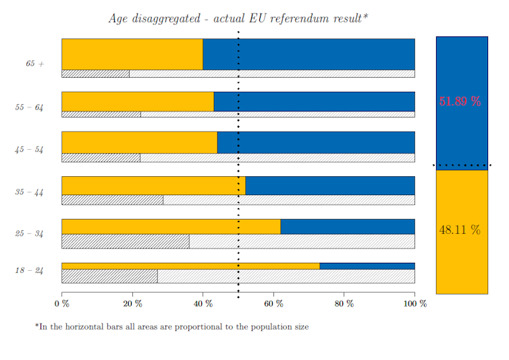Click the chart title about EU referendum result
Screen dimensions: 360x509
[238, 18]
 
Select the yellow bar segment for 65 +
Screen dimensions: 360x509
[132, 54]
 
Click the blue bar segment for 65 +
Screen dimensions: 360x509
[309, 54]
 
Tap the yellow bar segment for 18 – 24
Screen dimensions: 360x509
[190, 265]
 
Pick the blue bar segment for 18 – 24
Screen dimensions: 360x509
[367, 265]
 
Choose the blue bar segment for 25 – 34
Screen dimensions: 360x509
[347, 226]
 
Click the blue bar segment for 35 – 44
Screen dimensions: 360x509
[329, 186]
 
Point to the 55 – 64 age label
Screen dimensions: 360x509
[29, 107]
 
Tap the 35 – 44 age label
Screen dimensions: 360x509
[29, 192]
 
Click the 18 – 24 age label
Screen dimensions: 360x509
[29, 270]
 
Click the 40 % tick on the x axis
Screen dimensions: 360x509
[203, 304]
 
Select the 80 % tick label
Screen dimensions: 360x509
[344, 304]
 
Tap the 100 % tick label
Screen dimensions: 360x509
[415, 304]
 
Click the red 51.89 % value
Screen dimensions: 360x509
[460, 101]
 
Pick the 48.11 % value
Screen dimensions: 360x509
[460, 230]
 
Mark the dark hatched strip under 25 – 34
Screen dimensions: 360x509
[125, 241]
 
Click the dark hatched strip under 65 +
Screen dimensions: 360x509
[95, 74]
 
